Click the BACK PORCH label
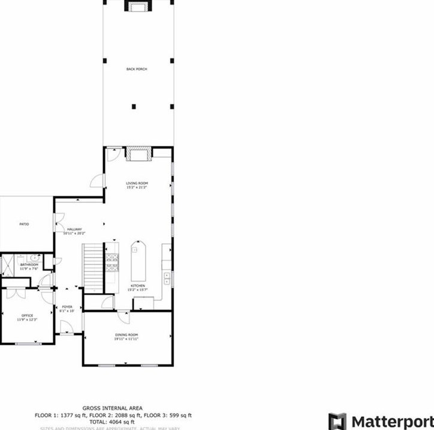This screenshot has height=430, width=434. (x=137, y=69)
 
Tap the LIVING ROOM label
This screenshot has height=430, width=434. (x=137, y=183)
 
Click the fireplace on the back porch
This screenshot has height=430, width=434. (x=137, y=7)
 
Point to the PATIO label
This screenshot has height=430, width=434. (x=25, y=224)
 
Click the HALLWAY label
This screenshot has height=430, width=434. (x=74, y=229)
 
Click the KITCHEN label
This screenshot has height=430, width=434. (x=138, y=286)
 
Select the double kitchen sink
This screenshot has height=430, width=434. (x=167, y=277)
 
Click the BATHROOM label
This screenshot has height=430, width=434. (x=29, y=265)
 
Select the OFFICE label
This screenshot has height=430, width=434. (x=27, y=315)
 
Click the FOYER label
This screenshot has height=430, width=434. (x=67, y=307)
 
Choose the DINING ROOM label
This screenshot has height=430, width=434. (x=126, y=335)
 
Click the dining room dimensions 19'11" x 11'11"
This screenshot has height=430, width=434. (x=126, y=339)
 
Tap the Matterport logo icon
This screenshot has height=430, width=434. (x=337, y=421)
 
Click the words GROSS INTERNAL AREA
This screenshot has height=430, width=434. (x=113, y=408)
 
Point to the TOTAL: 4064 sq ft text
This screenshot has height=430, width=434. (x=113, y=422)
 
